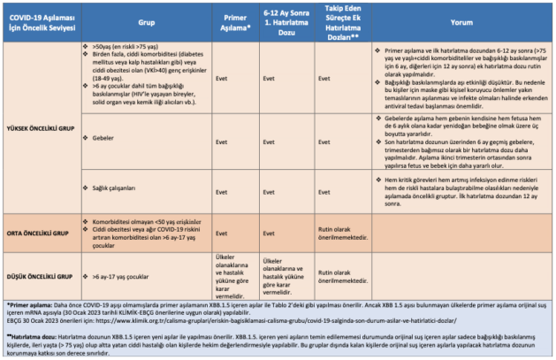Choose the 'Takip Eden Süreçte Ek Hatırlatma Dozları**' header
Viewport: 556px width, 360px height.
tap(340, 21)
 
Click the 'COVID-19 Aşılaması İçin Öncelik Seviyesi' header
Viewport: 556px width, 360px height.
tap(43, 21)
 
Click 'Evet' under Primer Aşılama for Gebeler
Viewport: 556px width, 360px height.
tap(223, 139)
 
